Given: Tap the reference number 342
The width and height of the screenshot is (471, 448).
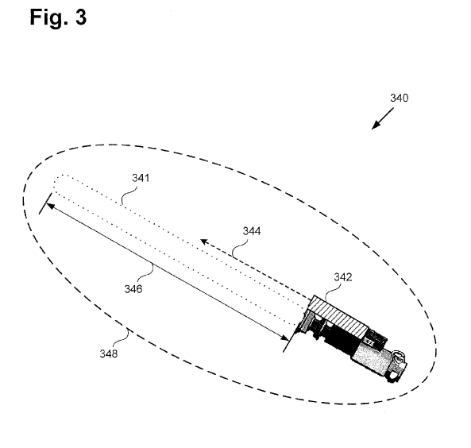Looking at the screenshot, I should [x=342, y=277].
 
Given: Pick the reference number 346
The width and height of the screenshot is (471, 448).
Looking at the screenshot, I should [x=133, y=289].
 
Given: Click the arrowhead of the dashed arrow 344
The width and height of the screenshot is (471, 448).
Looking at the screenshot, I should [x=203, y=240].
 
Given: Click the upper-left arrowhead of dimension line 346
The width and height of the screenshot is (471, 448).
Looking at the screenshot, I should [x=49, y=205].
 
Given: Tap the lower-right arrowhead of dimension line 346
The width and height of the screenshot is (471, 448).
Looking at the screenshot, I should [x=281, y=338].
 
